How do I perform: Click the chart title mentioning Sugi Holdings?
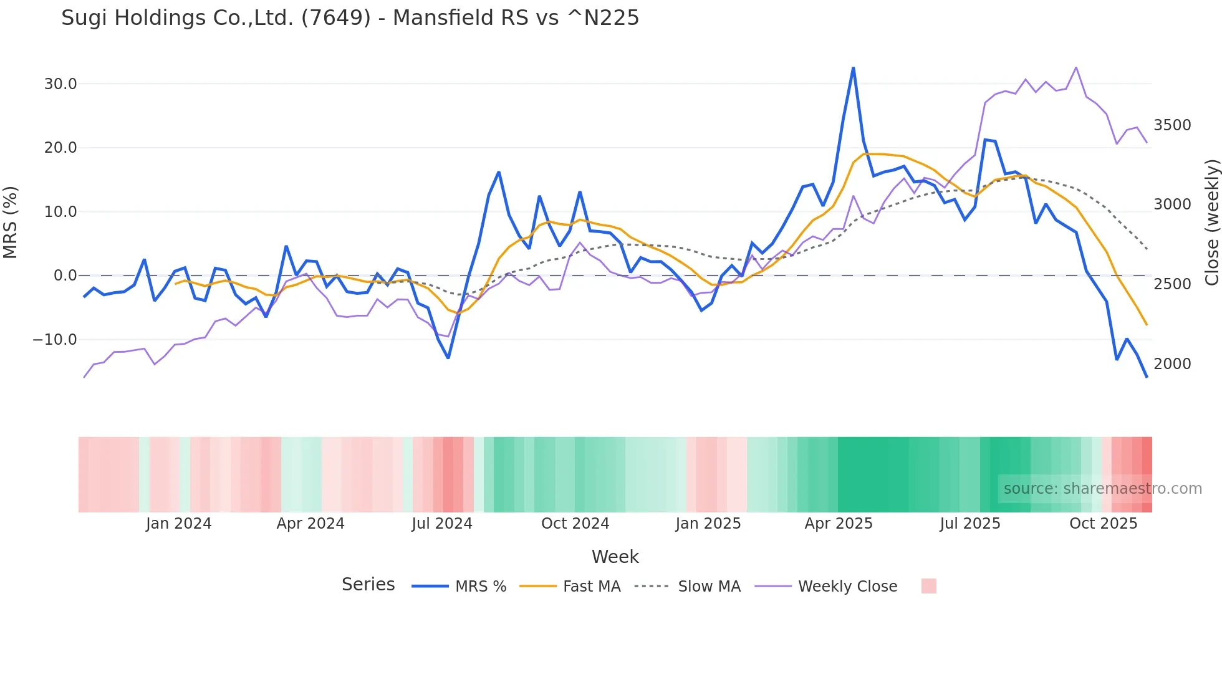350,18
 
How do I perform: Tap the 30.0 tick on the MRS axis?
60,84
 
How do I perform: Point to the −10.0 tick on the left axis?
55,340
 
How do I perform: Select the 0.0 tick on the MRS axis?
65,276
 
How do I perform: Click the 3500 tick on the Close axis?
1172,125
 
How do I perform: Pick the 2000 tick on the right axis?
1172,364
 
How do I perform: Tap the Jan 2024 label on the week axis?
179,524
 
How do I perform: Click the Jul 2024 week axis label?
442,524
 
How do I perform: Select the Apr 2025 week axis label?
839,524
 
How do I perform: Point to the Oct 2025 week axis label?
1104,524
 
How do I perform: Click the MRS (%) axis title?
11,223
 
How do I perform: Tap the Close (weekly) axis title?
1211,223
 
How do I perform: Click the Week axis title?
615,557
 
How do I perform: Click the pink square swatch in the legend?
928,586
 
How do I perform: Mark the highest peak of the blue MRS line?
854,68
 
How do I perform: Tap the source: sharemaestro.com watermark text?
1102,489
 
